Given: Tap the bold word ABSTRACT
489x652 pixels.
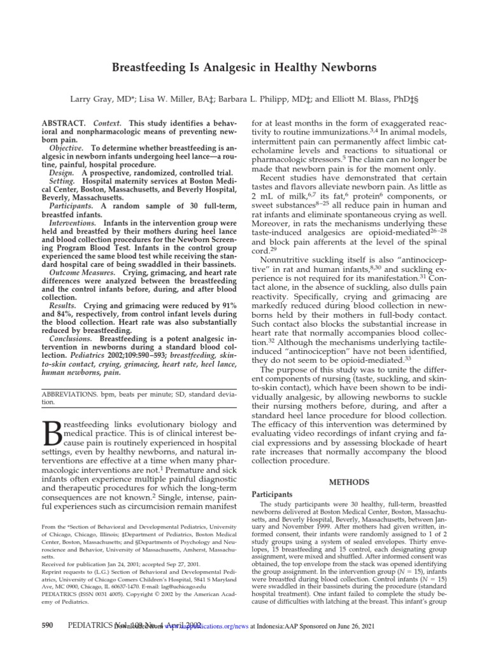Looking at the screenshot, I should point(63,122).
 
